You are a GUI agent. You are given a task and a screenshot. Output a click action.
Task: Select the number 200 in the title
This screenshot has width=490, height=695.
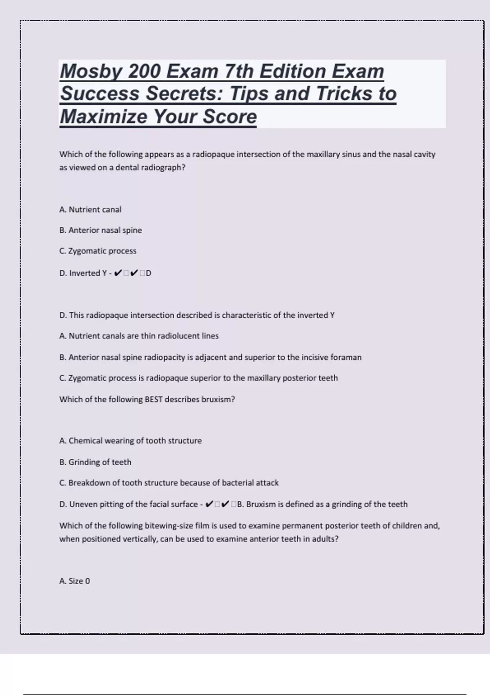click(144, 72)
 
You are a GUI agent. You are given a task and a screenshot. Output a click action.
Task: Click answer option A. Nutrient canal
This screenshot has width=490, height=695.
click(90, 210)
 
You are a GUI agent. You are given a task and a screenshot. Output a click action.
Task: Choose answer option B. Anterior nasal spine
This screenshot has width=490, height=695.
click(100, 230)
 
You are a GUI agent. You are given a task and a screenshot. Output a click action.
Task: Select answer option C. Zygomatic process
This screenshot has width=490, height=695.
click(98, 251)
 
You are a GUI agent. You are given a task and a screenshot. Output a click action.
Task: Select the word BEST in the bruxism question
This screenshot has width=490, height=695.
click(154, 399)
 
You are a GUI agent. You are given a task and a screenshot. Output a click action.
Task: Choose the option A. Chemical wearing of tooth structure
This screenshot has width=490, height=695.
click(130, 441)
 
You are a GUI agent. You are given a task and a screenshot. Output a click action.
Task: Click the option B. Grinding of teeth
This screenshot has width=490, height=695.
click(95, 462)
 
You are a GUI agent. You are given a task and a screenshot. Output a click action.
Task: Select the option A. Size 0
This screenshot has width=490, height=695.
click(74, 581)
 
